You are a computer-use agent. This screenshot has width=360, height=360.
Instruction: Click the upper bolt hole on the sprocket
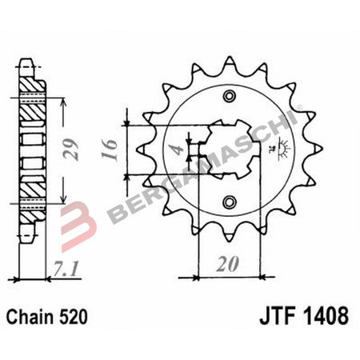click(x=230, y=98)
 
